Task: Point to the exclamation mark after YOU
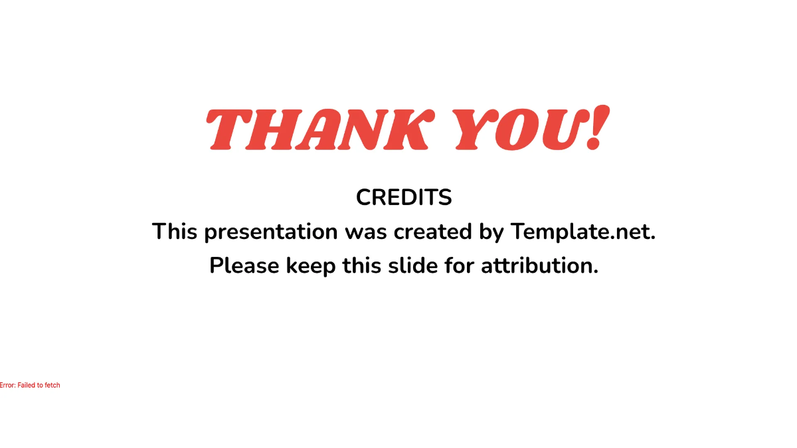tap(599, 127)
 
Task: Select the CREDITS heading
tap(404, 198)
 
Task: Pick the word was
tap(367, 233)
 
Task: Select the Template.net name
tap(582, 232)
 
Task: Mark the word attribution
tap(539, 265)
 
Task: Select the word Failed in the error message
tap(27, 385)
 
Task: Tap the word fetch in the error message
tap(52, 385)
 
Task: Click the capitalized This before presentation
tap(175, 232)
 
